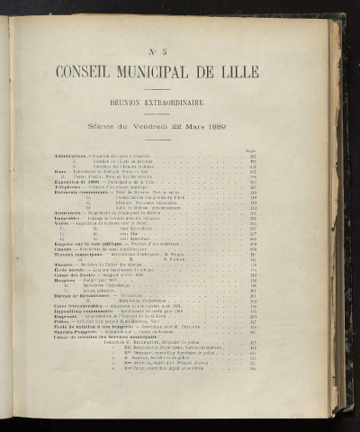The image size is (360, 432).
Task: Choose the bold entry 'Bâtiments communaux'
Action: pyautogui.click(x=81, y=193)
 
